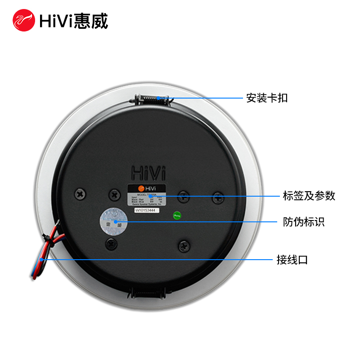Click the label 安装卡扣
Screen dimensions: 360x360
[267, 98]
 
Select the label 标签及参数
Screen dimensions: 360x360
[309, 196]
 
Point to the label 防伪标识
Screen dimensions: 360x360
[304, 222]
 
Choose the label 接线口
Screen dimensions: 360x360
[292, 260]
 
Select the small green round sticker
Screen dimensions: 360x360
[177, 216]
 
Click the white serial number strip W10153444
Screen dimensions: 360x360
[147, 210]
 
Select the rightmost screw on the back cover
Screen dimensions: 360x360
[218, 197]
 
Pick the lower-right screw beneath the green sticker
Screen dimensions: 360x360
[184, 246]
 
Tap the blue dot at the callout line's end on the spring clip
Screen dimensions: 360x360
[158, 98]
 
